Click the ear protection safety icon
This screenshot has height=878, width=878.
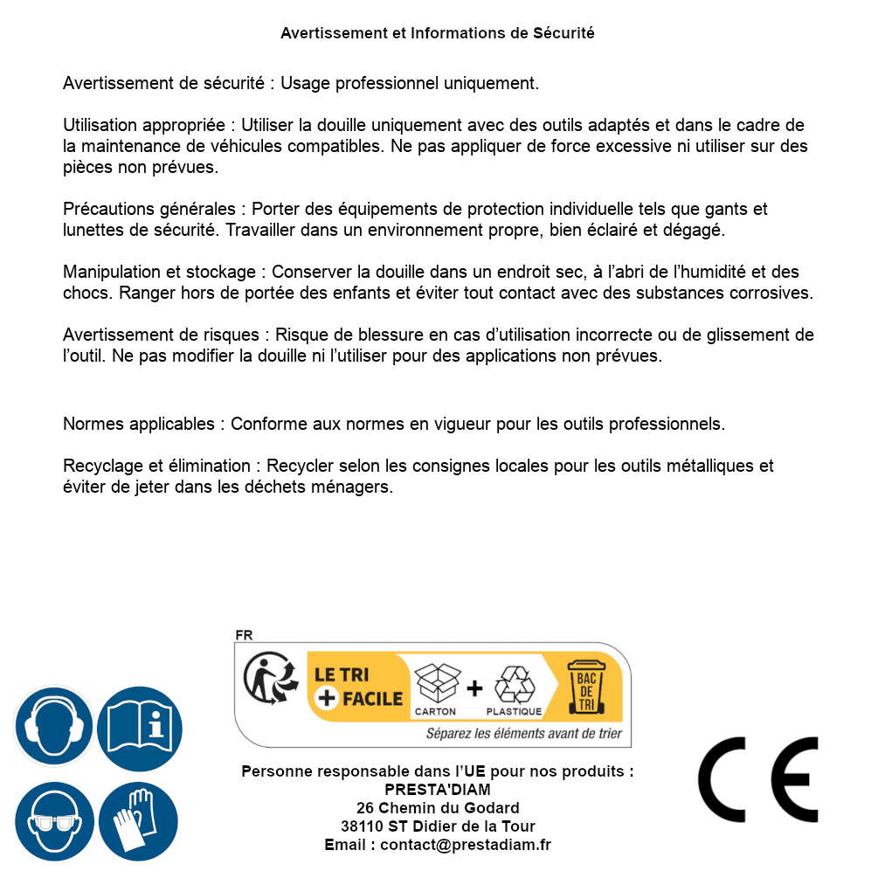[54, 726]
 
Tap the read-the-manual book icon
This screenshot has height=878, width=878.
[139, 726]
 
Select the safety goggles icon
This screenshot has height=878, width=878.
[54, 820]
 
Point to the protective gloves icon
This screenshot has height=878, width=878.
[139, 820]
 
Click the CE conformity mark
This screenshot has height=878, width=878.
[758, 779]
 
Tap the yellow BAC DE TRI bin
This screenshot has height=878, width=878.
[584, 689]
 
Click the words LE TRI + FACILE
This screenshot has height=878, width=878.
[358, 687]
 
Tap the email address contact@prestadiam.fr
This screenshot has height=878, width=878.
[466, 845]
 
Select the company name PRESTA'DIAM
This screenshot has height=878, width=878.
[438, 790]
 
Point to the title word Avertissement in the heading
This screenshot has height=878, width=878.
[331, 33]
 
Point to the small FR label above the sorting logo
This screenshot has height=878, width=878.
[244, 635]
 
